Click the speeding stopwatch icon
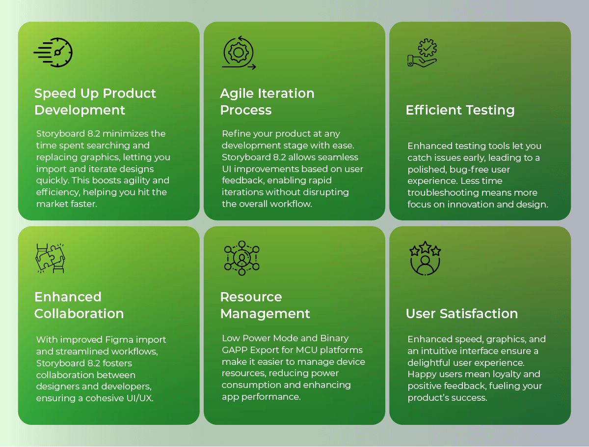point(53,53)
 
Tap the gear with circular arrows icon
point(239,53)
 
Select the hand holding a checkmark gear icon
point(422,53)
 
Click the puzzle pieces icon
point(50,258)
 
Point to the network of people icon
point(242,258)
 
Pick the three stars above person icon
point(425,258)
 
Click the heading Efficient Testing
point(460,110)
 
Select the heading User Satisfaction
point(462,314)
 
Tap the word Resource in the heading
point(251,297)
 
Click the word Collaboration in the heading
point(79,314)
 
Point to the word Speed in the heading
point(55,94)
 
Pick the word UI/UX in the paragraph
point(140,398)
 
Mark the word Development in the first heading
point(80,111)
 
